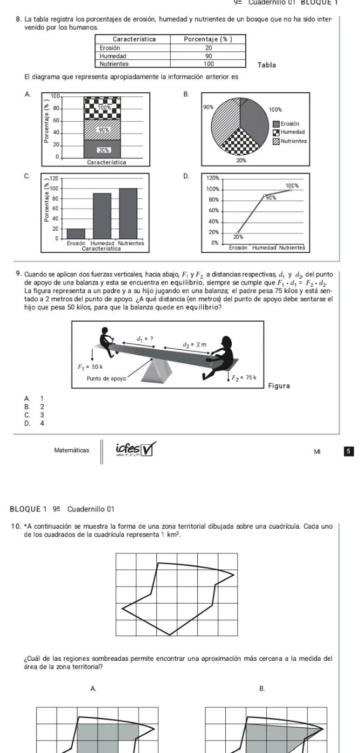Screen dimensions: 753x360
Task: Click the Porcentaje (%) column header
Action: click(x=207, y=39)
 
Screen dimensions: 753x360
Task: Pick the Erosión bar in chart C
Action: click(x=76, y=233)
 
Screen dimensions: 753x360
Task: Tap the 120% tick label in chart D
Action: click(x=212, y=177)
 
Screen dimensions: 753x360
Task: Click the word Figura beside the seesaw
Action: click(x=280, y=386)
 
